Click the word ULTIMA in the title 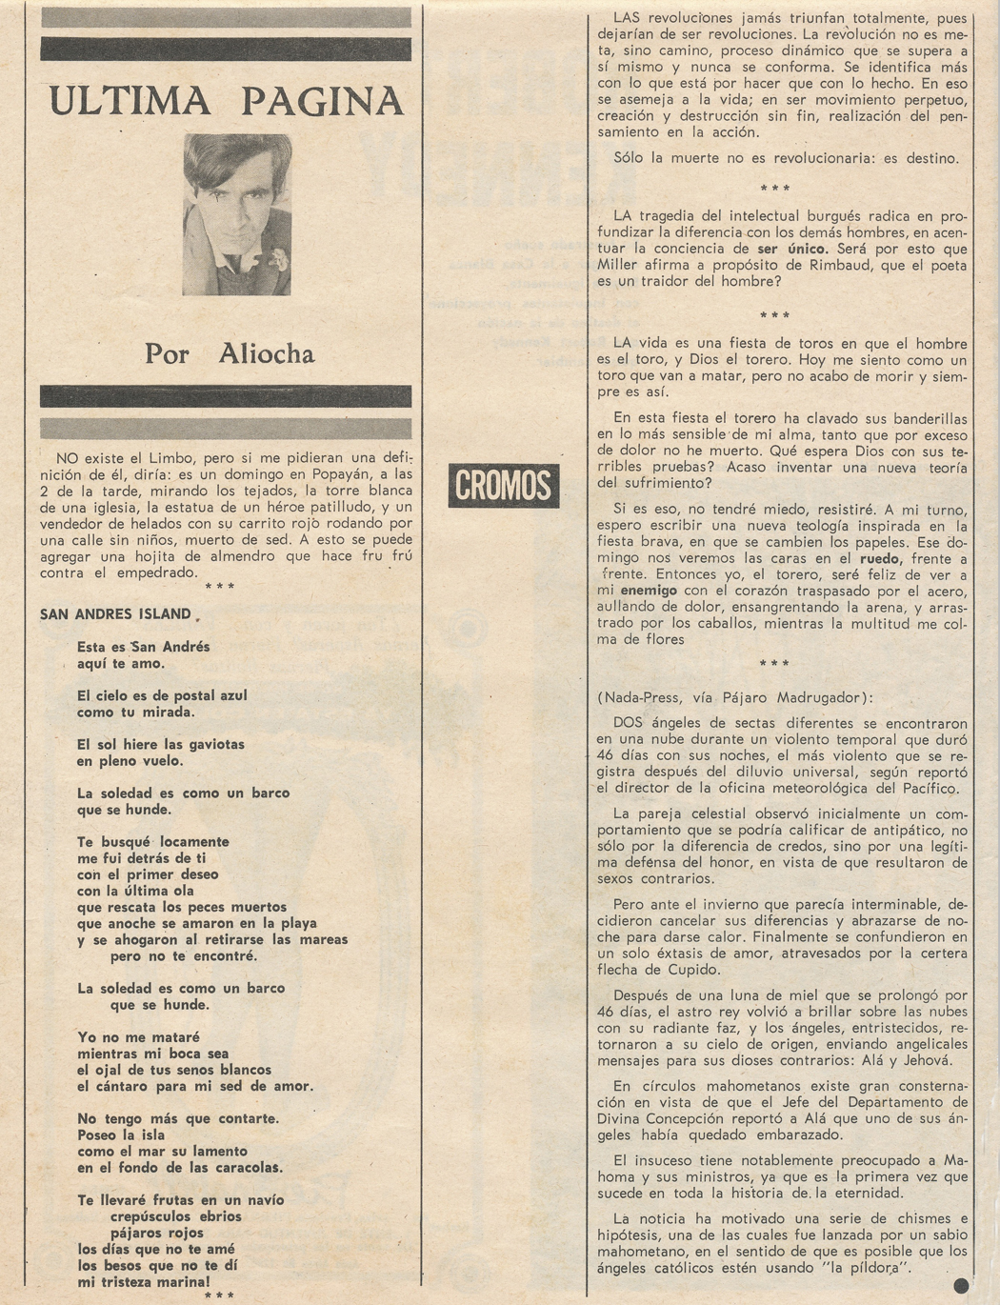pos(130,100)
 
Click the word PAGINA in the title pos(322,100)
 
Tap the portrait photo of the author pos(237,213)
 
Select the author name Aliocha pos(267,353)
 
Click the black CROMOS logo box pos(503,485)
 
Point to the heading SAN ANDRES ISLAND pos(115,614)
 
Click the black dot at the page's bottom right pos(960,1286)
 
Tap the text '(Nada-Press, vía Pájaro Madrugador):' pos(729,697)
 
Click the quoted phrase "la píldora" pos(863,1268)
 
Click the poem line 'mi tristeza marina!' pos(143,1282)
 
